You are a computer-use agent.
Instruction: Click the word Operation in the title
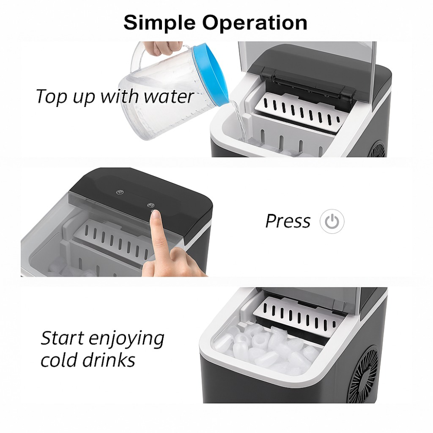tap(255, 23)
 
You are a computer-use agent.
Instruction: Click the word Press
tap(288, 221)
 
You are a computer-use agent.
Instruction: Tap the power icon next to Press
tap(332, 221)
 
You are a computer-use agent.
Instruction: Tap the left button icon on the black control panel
tap(120, 192)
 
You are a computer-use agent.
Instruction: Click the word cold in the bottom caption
tap(59, 360)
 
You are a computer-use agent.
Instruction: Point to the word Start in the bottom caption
tap(62, 338)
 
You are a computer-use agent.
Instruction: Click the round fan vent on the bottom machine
tap(364, 375)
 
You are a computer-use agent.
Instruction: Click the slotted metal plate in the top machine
tap(298, 113)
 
